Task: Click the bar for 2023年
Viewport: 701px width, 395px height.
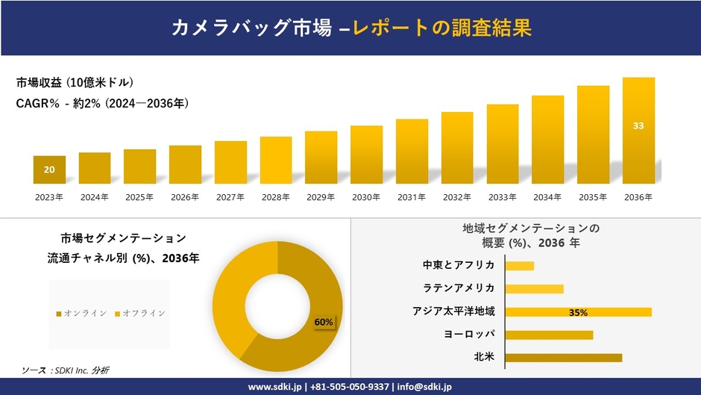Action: pos(49,169)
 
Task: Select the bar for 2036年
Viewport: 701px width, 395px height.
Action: pos(638,131)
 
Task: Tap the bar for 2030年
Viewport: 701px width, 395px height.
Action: pos(366,155)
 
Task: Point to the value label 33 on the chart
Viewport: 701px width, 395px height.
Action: pos(638,125)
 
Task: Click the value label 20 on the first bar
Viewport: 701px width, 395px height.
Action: pos(49,169)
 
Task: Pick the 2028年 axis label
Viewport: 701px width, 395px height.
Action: pos(275,197)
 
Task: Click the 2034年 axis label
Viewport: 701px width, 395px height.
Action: pos(547,197)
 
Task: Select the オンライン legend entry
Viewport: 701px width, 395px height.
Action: pos(81,313)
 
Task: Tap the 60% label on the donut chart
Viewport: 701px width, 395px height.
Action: pos(324,322)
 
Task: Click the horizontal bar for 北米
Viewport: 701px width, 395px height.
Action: pos(563,358)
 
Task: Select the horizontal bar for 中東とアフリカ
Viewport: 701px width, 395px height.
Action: pos(519,266)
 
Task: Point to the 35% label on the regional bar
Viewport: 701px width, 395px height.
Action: pos(578,312)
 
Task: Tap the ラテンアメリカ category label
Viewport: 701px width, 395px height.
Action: pos(458,288)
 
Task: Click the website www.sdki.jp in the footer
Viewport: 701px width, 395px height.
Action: pos(274,387)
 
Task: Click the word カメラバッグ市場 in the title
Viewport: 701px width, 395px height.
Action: pos(250,28)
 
